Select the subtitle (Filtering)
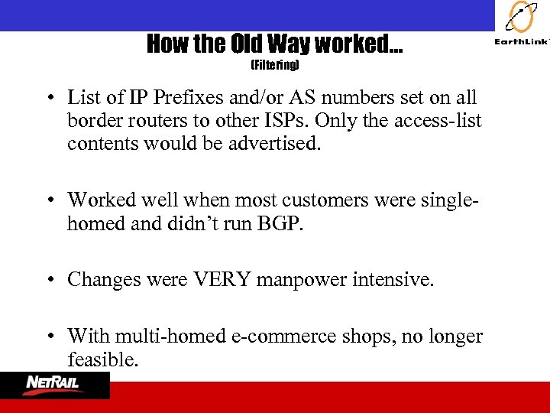[275, 66]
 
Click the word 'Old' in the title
[251, 44]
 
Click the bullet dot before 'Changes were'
[49, 281]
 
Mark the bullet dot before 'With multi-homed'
[49, 337]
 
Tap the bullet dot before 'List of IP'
[49, 99]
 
